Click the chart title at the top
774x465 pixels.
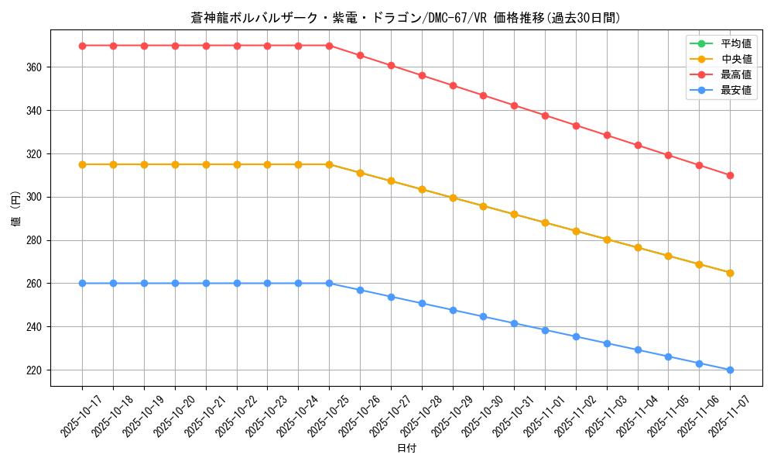(x=406, y=18)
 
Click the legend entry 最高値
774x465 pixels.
(x=735, y=74)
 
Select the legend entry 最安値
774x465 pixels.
(x=735, y=90)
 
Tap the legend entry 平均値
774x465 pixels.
(x=735, y=43)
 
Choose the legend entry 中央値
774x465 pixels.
(x=735, y=59)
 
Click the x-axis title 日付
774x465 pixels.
(x=406, y=449)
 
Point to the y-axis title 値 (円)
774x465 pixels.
(x=16, y=208)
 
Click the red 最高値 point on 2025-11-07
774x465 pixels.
(x=730, y=175)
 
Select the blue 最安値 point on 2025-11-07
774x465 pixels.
(x=730, y=370)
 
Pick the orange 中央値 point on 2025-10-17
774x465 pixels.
(x=82, y=164)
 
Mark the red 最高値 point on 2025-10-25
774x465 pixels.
(x=329, y=46)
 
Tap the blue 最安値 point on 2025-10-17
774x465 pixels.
(x=82, y=283)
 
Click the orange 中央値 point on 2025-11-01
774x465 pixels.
(x=545, y=223)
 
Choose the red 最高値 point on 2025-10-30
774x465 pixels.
(x=483, y=96)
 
